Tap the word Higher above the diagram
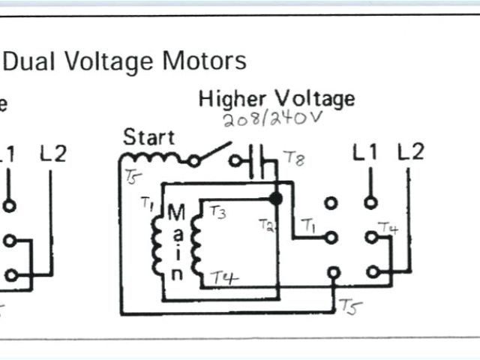pos(232,99)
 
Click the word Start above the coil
pos(148,137)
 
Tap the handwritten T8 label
pos(293,158)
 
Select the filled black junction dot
pos(276,199)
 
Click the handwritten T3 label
pos(217,212)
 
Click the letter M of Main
pos(176,213)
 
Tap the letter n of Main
pos(176,274)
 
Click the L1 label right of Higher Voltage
pos(366,153)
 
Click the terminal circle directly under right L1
pos(370,202)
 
